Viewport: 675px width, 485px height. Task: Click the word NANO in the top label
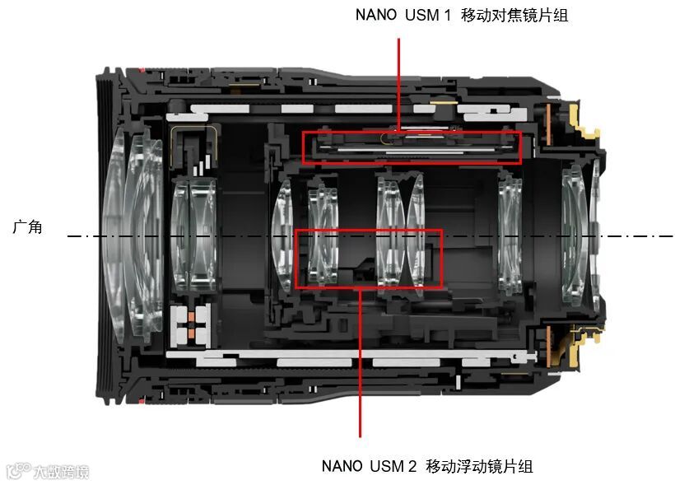coord(376,15)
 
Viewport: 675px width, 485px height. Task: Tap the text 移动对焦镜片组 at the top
coord(514,15)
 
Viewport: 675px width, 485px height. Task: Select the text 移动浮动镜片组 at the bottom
coord(479,465)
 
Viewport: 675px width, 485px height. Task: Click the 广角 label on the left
coord(27,226)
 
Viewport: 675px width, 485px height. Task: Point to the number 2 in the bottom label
coord(412,466)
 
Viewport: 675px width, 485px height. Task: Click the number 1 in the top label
coord(447,15)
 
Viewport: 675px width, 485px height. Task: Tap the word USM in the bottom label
coord(387,466)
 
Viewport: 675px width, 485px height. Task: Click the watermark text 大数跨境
coord(61,472)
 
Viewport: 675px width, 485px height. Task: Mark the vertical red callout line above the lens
coord(398,85)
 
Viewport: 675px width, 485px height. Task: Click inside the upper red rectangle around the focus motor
coord(412,147)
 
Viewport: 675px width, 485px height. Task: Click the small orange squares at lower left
coord(191,324)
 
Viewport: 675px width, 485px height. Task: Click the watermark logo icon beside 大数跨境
coord(18,471)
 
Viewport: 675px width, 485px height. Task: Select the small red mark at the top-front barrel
coord(141,70)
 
